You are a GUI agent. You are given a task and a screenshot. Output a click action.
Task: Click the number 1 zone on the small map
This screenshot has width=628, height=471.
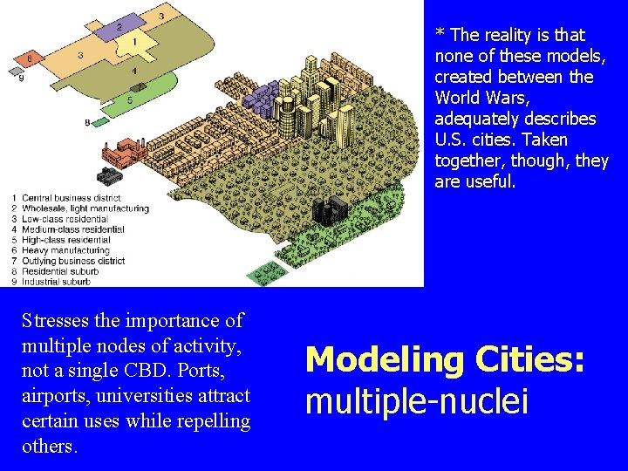(x=135, y=41)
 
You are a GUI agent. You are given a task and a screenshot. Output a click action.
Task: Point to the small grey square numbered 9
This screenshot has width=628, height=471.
(x=16, y=69)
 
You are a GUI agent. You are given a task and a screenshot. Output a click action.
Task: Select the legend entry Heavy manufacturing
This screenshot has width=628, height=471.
(x=65, y=250)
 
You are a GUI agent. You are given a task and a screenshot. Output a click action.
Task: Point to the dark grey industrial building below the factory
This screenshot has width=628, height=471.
(x=108, y=177)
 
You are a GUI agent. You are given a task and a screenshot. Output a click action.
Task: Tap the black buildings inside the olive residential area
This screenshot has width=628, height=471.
(x=329, y=209)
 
